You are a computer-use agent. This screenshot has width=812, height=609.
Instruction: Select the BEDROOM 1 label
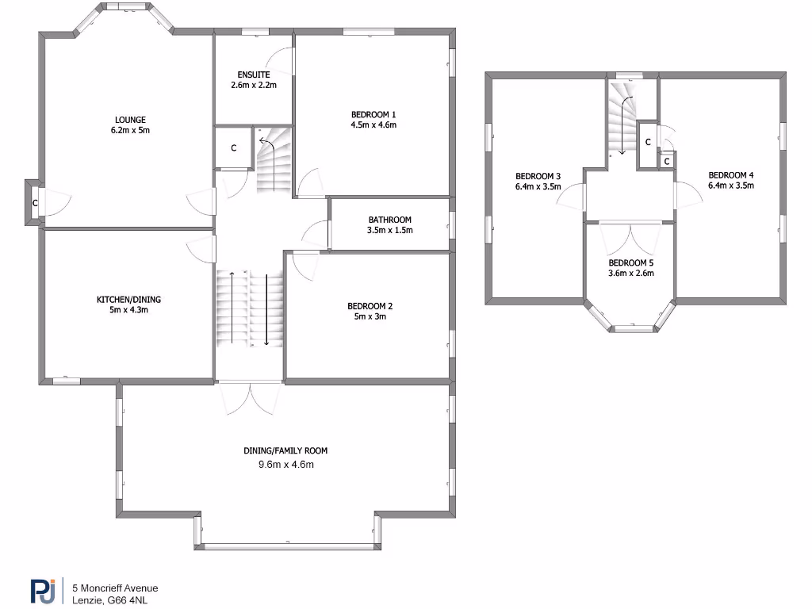tap(373, 113)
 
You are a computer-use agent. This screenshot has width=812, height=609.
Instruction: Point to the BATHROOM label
tap(389, 220)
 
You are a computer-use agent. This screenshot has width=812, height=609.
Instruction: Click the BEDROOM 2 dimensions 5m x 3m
tap(370, 316)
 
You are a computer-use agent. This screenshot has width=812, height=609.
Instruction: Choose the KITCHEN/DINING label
tap(128, 299)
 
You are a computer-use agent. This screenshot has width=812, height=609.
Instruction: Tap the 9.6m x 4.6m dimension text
tap(285, 465)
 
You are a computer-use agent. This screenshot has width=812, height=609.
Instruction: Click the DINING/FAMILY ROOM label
tap(285, 450)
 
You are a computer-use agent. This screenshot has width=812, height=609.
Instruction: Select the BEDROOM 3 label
tap(538, 176)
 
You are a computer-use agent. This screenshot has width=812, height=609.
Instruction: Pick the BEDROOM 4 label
tap(730, 175)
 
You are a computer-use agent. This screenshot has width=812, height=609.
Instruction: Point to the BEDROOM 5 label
tap(630, 262)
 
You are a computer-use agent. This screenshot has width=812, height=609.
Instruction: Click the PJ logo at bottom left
tap(43, 592)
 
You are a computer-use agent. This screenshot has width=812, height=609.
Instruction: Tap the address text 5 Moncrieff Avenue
tap(115, 588)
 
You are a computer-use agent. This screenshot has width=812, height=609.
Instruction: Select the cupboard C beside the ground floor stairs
tap(233, 147)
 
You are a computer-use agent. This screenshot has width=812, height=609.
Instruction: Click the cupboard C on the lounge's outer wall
tap(34, 203)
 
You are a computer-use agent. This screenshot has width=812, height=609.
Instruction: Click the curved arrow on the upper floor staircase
tap(626, 119)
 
